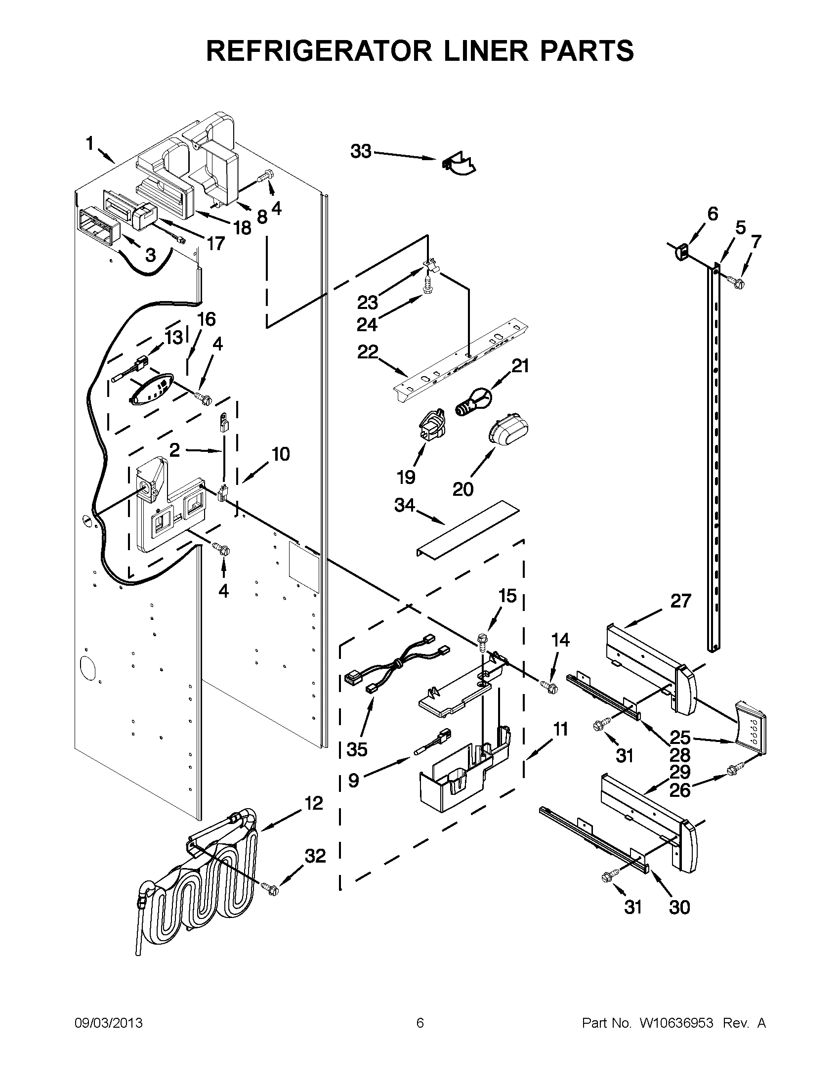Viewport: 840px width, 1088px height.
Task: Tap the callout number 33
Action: tap(361, 151)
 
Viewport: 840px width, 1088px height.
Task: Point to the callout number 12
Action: tap(314, 803)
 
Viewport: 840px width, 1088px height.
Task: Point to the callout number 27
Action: tap(681, 601)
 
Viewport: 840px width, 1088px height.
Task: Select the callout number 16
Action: tap(207, 319)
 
